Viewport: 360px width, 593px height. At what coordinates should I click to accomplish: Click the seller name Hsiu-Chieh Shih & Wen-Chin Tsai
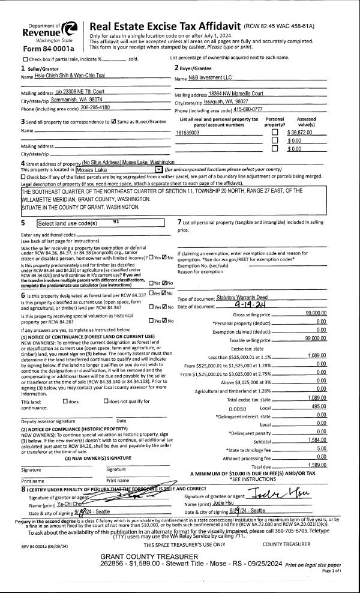(70, 77)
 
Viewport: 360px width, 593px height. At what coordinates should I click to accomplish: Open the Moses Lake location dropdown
(158, 170)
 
